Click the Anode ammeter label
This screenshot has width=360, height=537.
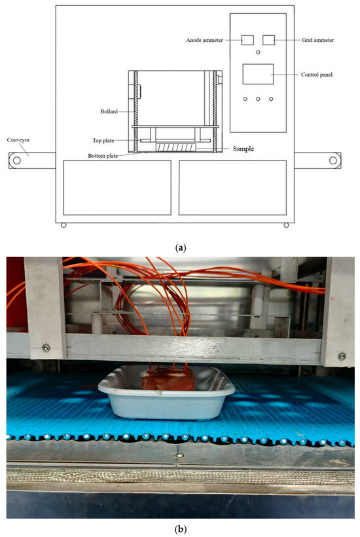pyautogui.click(x=204, y=40)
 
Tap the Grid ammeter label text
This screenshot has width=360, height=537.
pyautogui.click(x=317, y=40)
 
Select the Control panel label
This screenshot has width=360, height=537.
pyautogui.click(x=317, y=75)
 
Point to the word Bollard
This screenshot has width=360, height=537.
pyautogui.click(x=109, y=111)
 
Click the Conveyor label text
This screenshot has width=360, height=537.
pyautogui.click(x=18, y=140)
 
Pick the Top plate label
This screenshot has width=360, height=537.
pyautogui.click(x=103, y=140)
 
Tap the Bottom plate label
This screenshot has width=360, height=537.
pyautogui.click(x=103, y=156)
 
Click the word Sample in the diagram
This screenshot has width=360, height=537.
pyautogui.click(x=243, y=149)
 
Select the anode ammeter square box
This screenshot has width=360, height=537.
pyautogui.click(x=247, y=40)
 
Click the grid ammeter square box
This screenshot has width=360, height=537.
pyautogui.click(x=268, y=40)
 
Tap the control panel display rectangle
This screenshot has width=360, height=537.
pyautogui.click(x=258, y=74)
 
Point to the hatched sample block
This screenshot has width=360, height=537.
pyautogui.click(x=176, y=147)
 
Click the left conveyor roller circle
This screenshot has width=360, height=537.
pyautogui.click(x=16, y=160)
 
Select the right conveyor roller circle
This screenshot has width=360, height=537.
pyautogui.click(x=333, y=160)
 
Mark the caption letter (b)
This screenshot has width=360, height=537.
pyautogui.click(x=181, y=529)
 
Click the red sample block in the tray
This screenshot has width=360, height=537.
pyautogui.click(x=168, y=379)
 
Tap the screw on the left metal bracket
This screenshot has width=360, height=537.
pyautogui.click(x=46, y=348)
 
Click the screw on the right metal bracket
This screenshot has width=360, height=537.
pyautogui.click(x=342, y=356)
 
